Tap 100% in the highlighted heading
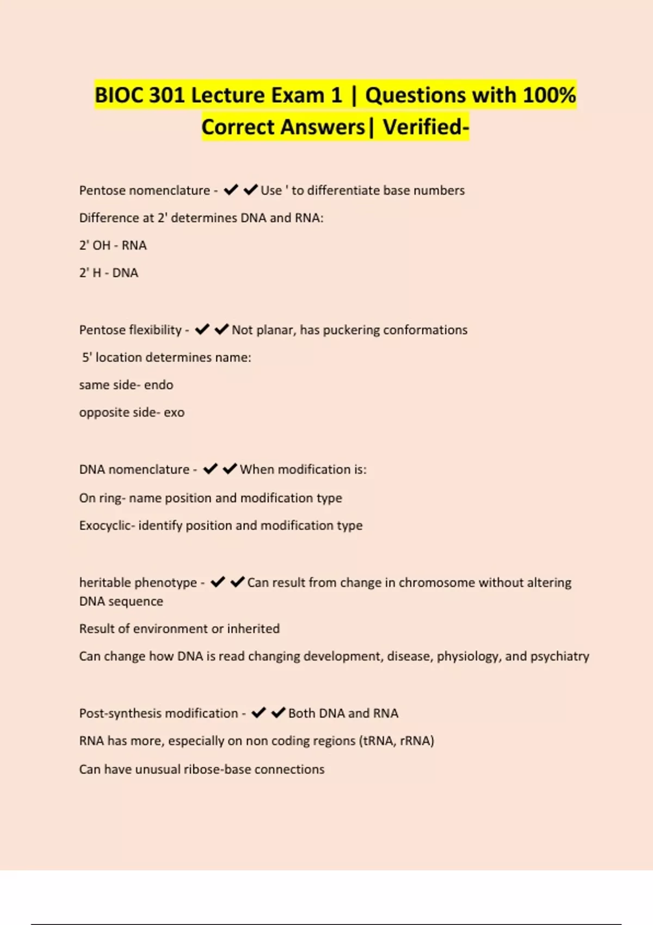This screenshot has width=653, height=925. click(x=549, y=95)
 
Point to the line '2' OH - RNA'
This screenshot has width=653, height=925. click(x=113, y=245)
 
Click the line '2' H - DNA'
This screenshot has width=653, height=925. click(x=108, y=273)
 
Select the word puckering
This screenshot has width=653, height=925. click(x=351, y=330)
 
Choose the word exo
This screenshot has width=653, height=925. click(x=174, y=412)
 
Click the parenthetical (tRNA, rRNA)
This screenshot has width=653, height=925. click(x=396, y=741)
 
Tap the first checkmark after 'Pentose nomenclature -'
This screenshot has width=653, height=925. click(x=231, y=190)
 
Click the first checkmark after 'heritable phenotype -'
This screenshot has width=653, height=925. click(x=218, y=582)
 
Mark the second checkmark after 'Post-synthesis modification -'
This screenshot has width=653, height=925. click(x=278, y=713)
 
